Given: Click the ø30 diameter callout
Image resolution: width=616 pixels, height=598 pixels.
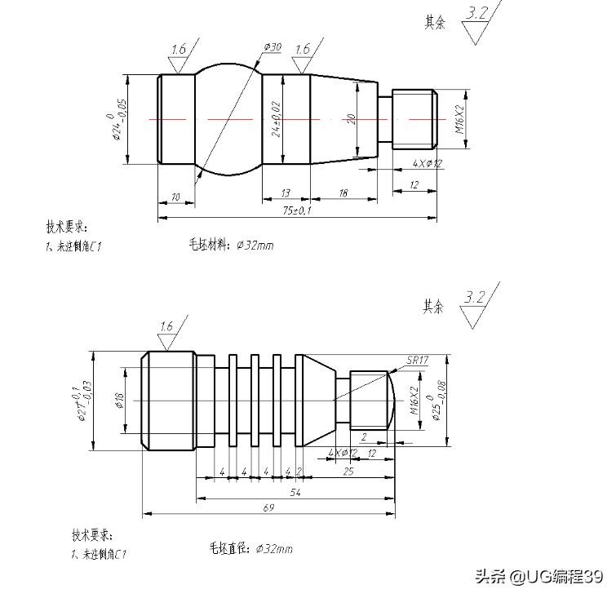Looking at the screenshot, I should click(273, 48).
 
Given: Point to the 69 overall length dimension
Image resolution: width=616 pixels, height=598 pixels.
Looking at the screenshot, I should click(268, 507).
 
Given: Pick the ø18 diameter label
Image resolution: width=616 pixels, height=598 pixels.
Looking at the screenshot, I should click(119, 400).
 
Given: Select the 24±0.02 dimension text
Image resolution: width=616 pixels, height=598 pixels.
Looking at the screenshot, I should click(277, 119).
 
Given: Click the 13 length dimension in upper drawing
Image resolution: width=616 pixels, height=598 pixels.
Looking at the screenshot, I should click(286, 193).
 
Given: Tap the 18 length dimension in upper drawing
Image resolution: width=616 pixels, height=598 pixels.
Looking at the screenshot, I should click(343, 193).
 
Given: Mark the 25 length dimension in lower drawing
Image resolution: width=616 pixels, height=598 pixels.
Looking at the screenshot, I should click(348, 472).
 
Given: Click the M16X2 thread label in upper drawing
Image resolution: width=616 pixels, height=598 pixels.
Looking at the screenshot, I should click(459, 119).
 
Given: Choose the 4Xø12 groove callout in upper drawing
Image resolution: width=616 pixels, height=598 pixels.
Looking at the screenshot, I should click(427, 163).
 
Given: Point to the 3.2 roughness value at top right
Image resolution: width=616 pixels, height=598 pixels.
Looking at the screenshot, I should click(477, 14).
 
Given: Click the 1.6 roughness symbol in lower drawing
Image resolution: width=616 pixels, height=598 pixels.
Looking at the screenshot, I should click(166, 327).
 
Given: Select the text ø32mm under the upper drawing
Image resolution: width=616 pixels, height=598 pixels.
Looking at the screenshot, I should click(255, 245).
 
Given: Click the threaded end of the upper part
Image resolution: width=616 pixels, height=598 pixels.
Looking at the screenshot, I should click(414, 119).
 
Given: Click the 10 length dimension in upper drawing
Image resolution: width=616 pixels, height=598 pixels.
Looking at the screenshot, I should click(175, 197).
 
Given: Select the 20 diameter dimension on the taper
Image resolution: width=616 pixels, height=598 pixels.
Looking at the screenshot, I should click(351, 119).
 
